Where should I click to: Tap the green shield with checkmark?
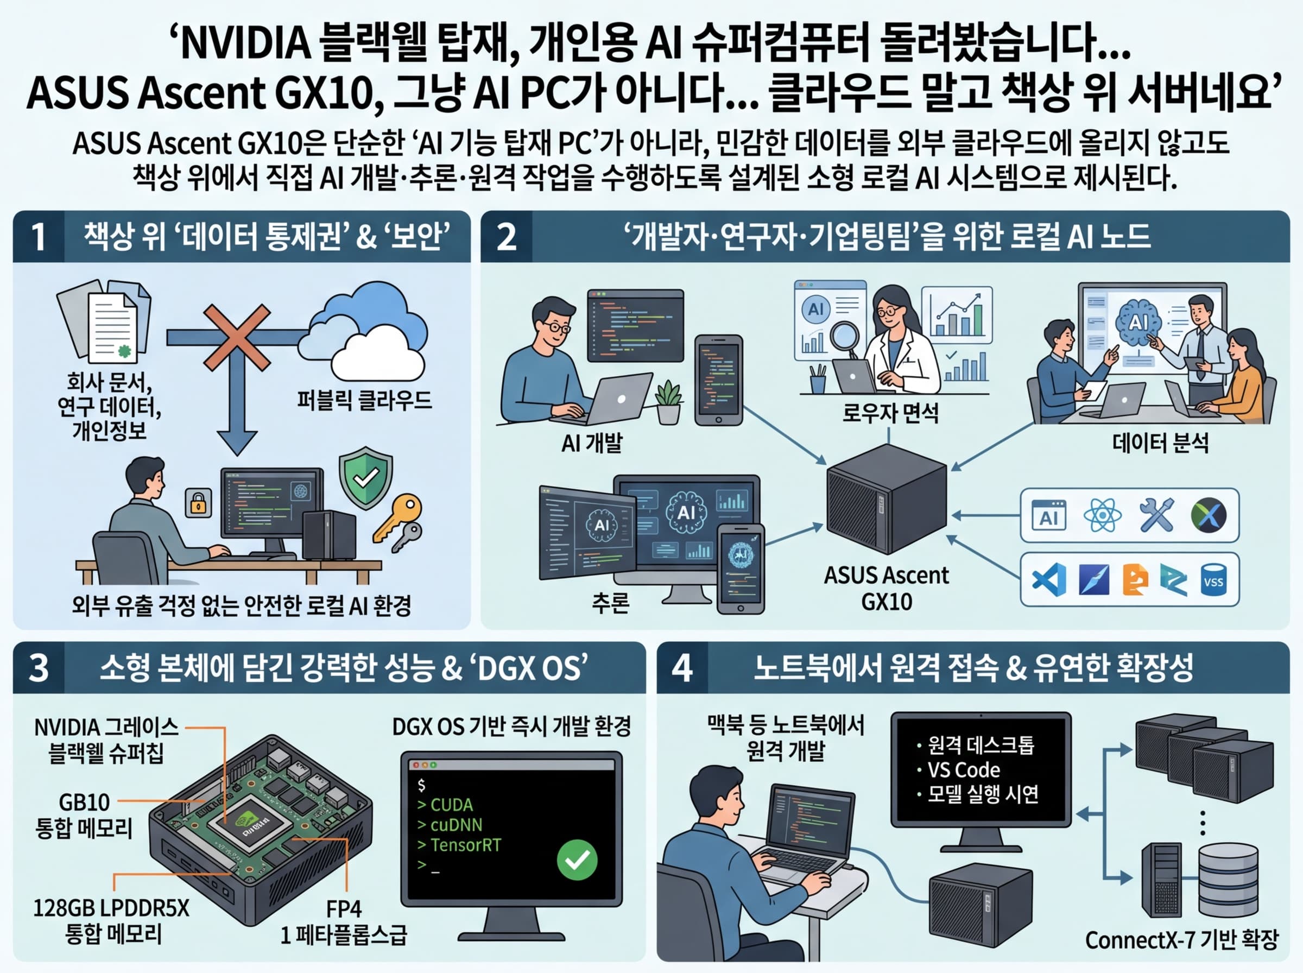pos(365,478)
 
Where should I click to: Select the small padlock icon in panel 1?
pos(198,502)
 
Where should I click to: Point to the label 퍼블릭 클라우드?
pos(364,401)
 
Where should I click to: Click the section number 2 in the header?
pos(507,237)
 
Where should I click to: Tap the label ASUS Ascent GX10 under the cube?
pos(886,588)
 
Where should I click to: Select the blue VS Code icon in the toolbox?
pos(1048,579)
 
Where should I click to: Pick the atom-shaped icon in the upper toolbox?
pos(1102,515)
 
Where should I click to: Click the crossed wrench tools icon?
pos(1156,515)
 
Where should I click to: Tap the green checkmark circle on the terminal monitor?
pos(577,860)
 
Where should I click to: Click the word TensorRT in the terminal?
pos(465,845)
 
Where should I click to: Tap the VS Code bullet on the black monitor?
pos(963,770)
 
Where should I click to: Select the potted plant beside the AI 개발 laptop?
pos(668,402)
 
